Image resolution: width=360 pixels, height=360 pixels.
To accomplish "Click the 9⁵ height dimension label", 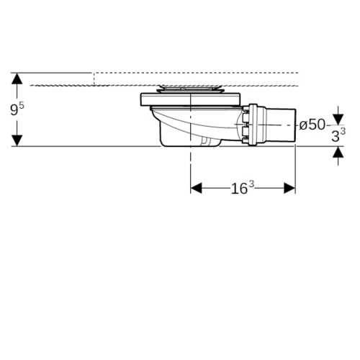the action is coord(17,109).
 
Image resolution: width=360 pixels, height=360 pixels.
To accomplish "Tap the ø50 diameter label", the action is coord(312,125).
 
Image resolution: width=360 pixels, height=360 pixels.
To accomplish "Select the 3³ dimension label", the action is coord(338,135).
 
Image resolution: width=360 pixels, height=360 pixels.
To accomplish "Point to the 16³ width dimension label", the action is coord(243,187).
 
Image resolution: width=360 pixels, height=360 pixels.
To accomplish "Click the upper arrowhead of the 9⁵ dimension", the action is coord(17,78).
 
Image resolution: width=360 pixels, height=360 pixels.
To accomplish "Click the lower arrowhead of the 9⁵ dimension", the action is coord(17,140).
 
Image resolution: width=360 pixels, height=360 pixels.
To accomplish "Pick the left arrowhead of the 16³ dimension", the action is coord(197,188).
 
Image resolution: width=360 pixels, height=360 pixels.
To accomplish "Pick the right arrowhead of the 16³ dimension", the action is coord(289,188).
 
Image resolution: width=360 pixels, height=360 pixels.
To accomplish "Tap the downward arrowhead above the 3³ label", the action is coord(338,120).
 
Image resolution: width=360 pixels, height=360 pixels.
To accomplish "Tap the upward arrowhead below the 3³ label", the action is coord(338,152).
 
